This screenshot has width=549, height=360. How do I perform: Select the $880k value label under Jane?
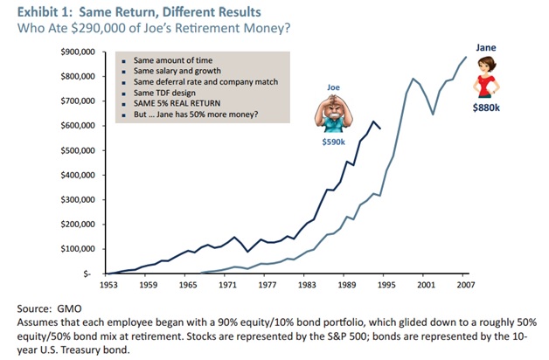pos(486,109)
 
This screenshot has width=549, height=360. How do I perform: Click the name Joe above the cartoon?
pos(333,87)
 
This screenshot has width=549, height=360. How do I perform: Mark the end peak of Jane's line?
pos(466,57)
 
